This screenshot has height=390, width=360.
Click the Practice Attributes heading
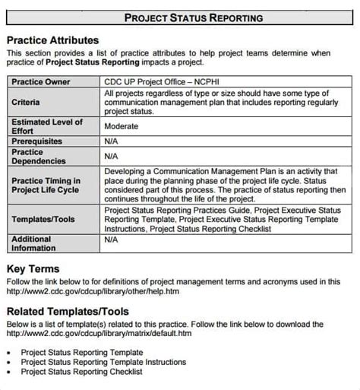point(52,40)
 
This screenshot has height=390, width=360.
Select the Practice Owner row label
point(41,81)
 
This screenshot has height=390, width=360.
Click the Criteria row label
point(27,102)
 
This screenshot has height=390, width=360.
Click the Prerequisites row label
point(37,141)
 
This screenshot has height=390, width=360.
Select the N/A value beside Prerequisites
point(112,141)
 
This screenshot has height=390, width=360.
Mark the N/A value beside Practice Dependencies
point(112,157)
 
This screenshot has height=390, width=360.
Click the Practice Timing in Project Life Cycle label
point(45,185)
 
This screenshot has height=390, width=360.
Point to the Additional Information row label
point(35,243)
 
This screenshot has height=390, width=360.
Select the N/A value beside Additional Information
point(112,239)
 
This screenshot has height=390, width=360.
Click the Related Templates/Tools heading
point(68,312)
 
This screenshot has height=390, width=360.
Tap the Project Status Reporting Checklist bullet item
point(81,372)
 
